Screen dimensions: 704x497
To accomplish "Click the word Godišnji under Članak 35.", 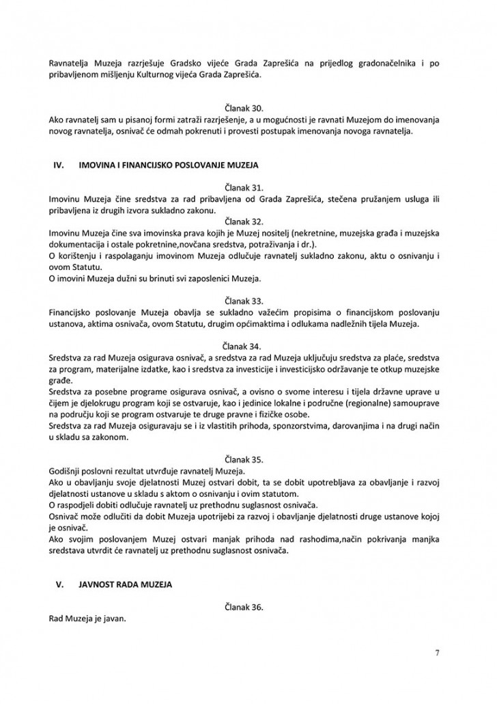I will pos(66,472).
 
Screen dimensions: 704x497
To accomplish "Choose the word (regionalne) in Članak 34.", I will pos(369,404).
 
